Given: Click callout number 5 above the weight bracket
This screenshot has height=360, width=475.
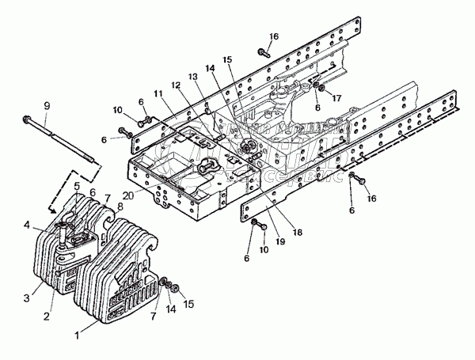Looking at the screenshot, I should pos(77,186).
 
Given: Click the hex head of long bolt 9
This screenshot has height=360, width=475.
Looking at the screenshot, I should pos(26,121).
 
